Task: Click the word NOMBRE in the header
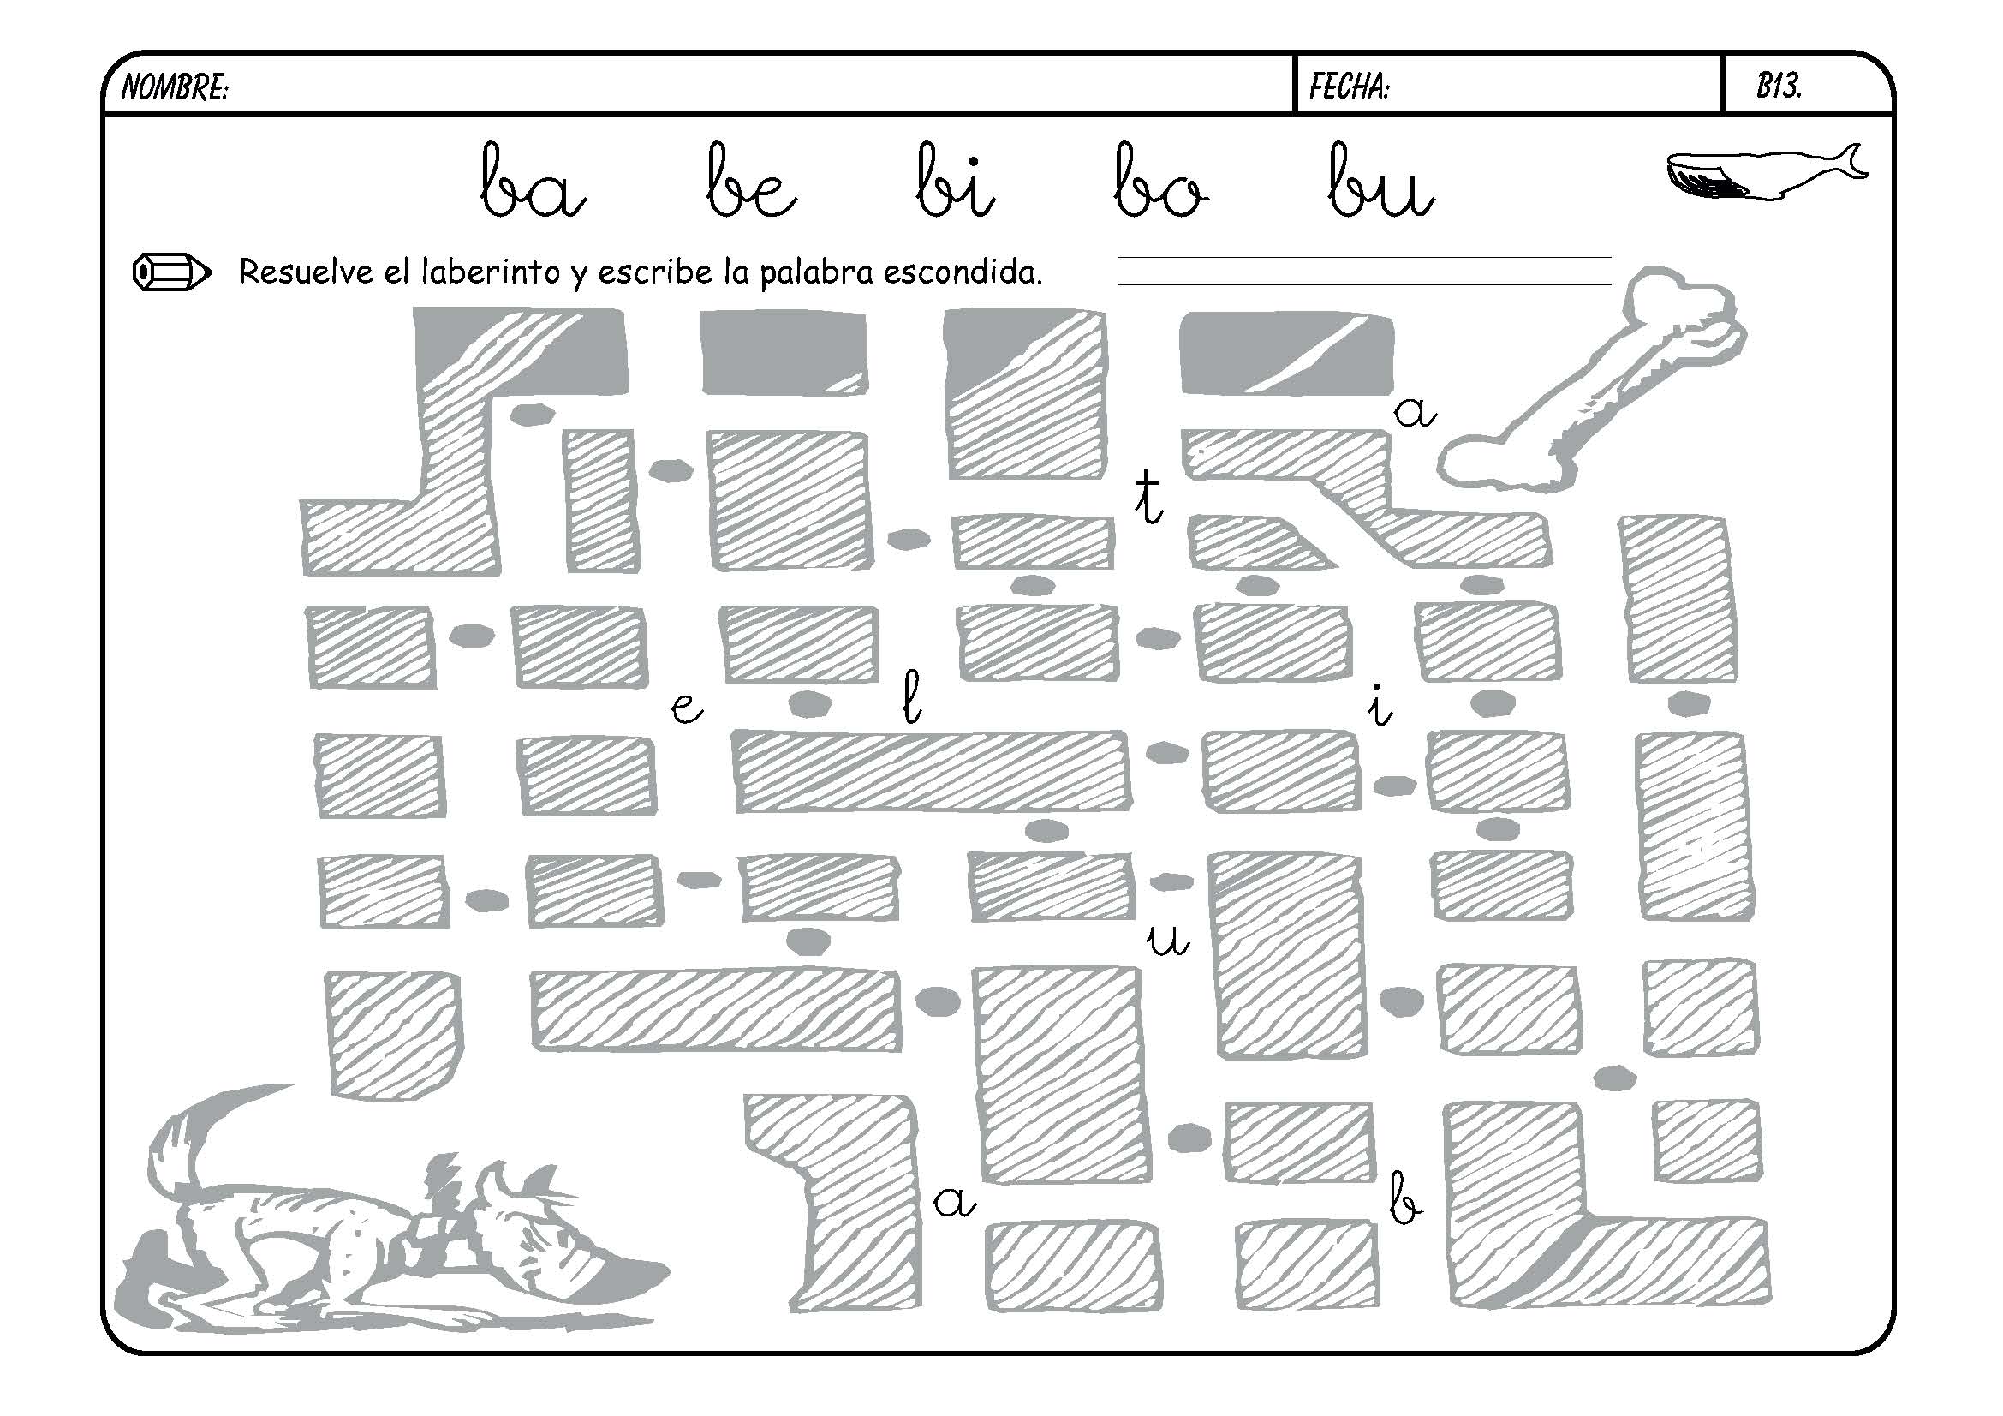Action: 174,87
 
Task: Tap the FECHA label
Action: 1349,87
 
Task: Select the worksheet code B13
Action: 1779,86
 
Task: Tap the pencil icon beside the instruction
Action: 171,272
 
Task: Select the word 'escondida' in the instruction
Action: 963,272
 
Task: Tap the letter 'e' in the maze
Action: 686,708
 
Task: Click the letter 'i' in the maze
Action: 1379,707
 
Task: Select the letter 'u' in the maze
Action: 1167,940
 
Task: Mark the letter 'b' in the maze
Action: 1404,1198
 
